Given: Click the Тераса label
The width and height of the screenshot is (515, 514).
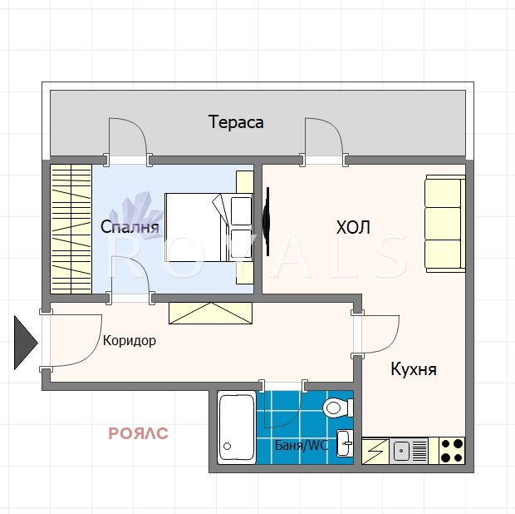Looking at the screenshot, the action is click(236, 122).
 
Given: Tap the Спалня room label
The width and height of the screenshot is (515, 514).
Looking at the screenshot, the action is click(130, 226).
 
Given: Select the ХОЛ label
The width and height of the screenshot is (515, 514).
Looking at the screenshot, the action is click(353, 227).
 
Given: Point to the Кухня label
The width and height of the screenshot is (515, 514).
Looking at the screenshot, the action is click(414, 369).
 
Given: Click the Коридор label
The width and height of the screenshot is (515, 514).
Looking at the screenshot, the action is click(130, 341).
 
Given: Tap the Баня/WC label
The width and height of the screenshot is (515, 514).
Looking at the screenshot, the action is click(302, 445).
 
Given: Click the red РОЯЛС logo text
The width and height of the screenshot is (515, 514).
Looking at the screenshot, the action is click(138, 433).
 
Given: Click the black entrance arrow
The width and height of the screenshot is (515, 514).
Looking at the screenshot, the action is click(26, 343).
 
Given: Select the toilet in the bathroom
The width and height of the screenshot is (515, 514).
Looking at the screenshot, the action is click(337, 408).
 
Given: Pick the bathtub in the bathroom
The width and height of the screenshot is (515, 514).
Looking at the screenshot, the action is click(237, 428).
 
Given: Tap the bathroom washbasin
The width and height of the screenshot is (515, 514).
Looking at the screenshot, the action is click(345, 443).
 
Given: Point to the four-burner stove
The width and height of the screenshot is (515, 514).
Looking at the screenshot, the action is click(452, 451).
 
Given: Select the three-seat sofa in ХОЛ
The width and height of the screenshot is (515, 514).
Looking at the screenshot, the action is click(445, 224).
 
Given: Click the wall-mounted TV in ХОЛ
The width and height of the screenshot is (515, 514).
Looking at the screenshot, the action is click(267, 221).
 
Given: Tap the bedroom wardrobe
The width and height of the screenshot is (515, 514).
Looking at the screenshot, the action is click(71, 229).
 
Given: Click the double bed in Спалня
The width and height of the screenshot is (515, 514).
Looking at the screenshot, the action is click(208, 227).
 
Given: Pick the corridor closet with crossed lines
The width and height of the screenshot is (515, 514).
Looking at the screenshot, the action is click(210, 313).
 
